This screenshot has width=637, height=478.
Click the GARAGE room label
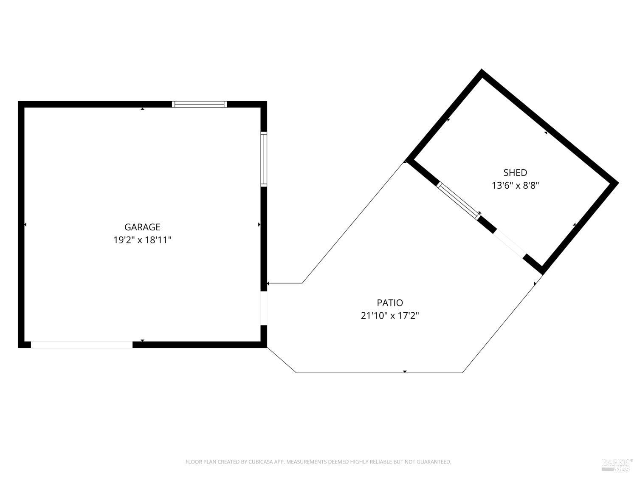point(142,227)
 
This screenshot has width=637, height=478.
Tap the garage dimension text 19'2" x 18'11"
point(142,240)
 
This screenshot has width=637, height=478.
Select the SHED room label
point(515,173)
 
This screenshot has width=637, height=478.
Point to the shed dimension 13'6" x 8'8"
point(515,185)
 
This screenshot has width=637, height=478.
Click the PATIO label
point(390,303)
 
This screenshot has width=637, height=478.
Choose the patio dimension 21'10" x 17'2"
point(390,316)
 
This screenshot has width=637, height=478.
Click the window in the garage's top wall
point(199,104)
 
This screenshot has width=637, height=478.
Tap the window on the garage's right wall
point(264,159)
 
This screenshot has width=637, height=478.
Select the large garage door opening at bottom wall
point(82,345)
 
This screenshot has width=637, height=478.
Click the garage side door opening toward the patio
point(264,308)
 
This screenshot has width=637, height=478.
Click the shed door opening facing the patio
point(510,244)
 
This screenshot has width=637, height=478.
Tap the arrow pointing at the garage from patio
point(269,283)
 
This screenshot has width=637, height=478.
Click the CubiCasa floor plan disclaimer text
point(318,462)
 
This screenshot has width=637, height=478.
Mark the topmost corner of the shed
point(482,71)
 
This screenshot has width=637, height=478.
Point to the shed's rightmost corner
point(617,183)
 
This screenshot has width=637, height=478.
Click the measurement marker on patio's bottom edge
point(405,372)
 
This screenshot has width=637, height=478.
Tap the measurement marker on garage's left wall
point(25,224)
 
